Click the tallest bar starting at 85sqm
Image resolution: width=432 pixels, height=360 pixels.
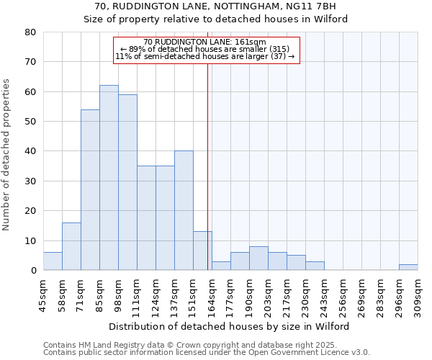click(x=109, y=178)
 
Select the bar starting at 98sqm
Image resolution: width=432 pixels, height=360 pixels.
click(x=127, y=182)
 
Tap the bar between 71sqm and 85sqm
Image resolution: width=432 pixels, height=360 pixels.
click(x=90, y=190)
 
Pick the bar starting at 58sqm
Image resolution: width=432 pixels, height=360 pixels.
click(x=71, y=246)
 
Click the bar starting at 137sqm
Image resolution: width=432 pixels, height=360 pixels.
click(x=184, y=210)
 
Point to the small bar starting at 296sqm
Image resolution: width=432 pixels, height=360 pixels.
click(x=408, y=267)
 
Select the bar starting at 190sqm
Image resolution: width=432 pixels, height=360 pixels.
click(x=258, y=258)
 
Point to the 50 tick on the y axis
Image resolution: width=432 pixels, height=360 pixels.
click(x=30, y=122)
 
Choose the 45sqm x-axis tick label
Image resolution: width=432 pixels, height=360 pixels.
click(x=42, y=295)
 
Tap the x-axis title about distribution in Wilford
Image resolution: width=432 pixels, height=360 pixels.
click(x=230, y=326)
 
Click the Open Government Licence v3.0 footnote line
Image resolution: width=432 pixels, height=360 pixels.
click(x=207, y=352)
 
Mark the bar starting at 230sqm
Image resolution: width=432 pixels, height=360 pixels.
click(x=315, y=266)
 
